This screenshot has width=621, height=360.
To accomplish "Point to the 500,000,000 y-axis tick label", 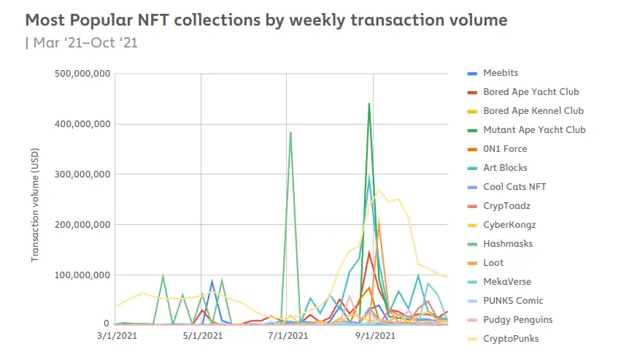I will tap(82, 74).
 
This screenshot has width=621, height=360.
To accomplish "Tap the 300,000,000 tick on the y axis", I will tap(82, 175).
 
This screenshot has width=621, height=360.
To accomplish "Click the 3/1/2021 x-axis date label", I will tap(115, 336).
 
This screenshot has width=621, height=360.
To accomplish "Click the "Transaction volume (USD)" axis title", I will tap(34, 207).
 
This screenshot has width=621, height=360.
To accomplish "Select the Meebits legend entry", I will tap(501, 73).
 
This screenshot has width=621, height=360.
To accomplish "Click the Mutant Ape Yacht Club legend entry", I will tap(534, 130).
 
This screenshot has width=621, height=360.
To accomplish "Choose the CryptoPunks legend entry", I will tap(511, 339).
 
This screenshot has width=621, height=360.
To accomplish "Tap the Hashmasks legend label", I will tap(506, 244).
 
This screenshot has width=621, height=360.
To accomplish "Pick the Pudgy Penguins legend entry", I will tap(517, 320).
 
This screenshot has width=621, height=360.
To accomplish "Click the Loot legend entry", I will tap(493, 263).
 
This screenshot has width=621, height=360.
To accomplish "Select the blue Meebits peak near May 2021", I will tap(212, 280).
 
